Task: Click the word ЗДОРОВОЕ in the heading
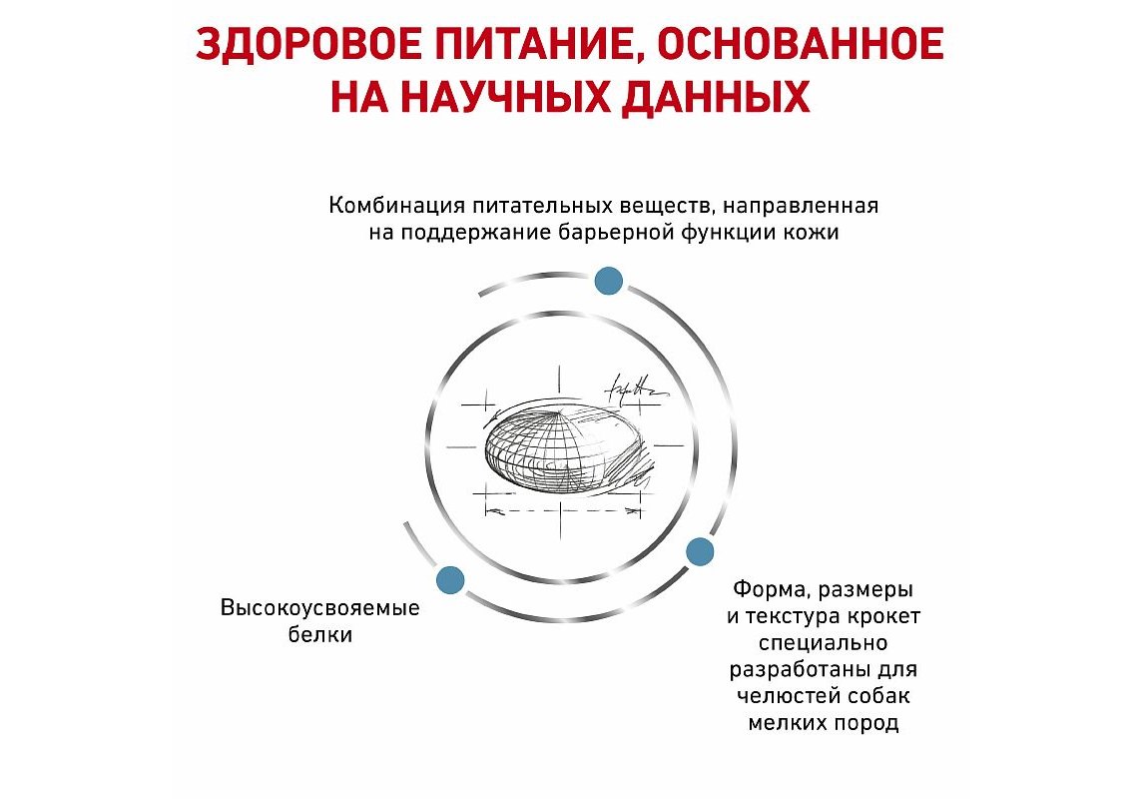click(x=308, y=44)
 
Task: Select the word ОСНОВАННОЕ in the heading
click(x=802, y=44)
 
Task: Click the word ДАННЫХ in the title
click(x=716, y=98)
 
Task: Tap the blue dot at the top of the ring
click(x=608, y=281)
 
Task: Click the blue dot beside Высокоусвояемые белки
click(x=450, y=580)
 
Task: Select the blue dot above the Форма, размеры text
click(x=700, y=551)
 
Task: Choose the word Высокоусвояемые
click(x=320, y=608)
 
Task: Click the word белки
click(x=320, y=634)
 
